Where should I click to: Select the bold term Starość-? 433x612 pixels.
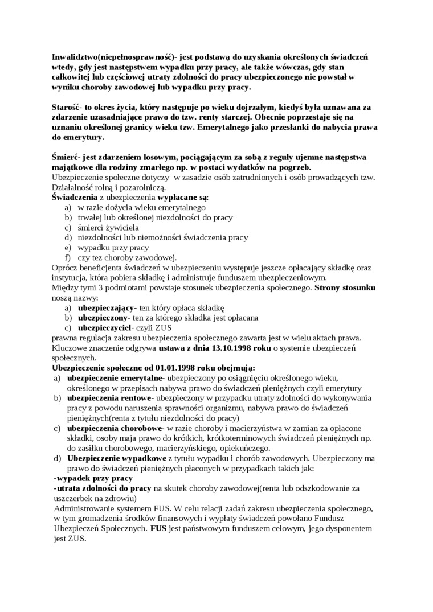pos(67,106)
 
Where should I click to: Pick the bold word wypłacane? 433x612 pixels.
pos(174,197)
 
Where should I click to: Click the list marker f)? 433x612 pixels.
pos(67,257)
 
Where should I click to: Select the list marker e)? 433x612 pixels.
pos(67,248)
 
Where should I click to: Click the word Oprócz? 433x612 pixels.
pos(63,268)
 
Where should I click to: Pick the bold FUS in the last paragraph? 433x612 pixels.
pos(159,528)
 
